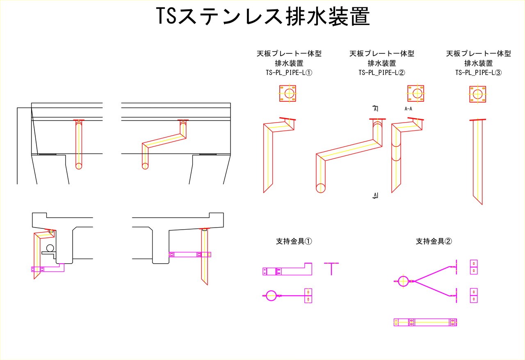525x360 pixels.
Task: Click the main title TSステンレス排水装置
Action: pyautogui.click(x=263, y=17)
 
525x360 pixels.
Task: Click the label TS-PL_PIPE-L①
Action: pyautogui.click(x=289, y=73)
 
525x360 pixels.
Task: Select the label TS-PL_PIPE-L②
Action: pyautogui.click(x=382, y=73)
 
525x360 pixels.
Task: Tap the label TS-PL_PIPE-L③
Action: pyautogui.click(x=479, y=73)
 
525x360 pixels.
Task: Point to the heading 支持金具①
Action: pyautogui.click(x=294, y=242)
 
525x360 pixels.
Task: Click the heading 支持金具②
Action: pyautogui.click(x=434, y=242)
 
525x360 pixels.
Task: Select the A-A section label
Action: pyautogui.click(x=409, y=109)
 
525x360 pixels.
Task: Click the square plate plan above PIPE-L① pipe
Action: pyautogui.click(x=288, y=93)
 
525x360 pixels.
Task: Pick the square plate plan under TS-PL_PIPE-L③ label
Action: pyautogui.click(x=477, y=94)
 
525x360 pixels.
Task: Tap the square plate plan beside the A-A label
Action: pyautogui.click(x=415, y=93)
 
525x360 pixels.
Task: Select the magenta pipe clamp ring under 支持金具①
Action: pyautogui.click(x=271, y=295)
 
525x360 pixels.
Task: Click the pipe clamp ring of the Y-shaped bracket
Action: pyautogui.click(x=404, y=281)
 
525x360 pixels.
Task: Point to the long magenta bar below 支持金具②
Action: pyautogui.click(x=425, y=323)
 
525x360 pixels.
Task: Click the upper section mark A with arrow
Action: pyautogui.click(x=375, y=109)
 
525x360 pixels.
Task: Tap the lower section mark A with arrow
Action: pyautogui.click(x=375, y=195)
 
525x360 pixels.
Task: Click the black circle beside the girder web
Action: pyautogui.click(x=50, y=248)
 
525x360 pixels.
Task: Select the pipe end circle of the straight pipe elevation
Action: pyautogui.click(x=79, y=166)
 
